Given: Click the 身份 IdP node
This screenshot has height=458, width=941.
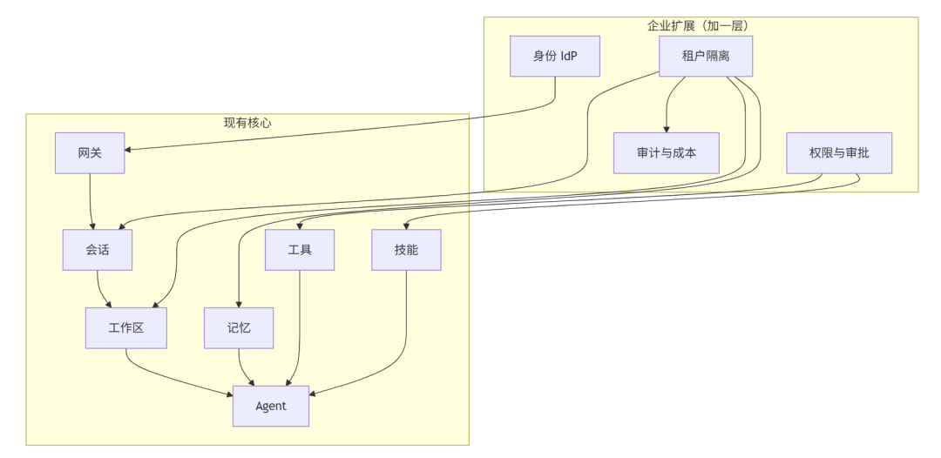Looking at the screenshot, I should (555, 57).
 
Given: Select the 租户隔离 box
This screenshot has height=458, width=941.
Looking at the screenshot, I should (706, 57).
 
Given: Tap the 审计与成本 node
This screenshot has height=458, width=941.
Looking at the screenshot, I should (667, 153).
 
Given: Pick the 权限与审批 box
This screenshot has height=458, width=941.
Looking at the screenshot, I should (827, 153).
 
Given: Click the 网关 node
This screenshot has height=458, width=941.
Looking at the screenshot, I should (90, 153).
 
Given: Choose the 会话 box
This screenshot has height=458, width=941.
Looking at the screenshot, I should (98, 250).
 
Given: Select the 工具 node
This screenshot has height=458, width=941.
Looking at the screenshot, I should (300, 250).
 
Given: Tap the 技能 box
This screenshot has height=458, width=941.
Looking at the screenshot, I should (406, 250).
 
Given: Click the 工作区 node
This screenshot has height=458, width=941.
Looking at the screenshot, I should (126, 328).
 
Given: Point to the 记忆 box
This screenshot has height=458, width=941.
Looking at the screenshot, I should (239, 328).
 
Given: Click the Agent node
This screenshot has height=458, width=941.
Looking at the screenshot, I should (271, 406).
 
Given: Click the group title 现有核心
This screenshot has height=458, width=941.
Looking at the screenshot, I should (247, 123).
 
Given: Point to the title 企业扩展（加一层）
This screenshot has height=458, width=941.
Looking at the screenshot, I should (699, 25).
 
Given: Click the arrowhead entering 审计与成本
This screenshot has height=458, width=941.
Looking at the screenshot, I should (667, 128).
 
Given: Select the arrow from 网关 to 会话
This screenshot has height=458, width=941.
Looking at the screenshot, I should (91, 200).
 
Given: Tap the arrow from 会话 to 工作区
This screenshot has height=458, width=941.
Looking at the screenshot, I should (101, 289).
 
